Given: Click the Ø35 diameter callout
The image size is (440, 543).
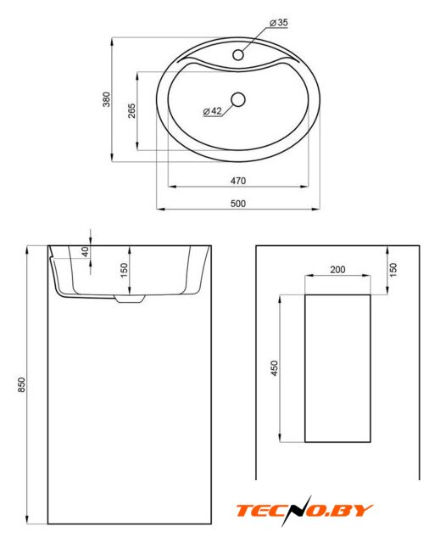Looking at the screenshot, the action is pos(279,23).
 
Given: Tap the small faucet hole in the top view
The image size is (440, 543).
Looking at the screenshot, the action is pos(238,54).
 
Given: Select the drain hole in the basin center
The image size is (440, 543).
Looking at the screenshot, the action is pos(238,100).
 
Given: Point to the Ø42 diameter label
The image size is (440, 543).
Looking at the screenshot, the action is pos(213,111).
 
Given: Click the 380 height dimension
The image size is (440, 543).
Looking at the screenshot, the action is pos(107,99).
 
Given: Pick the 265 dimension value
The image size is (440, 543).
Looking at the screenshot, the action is pos(131,111).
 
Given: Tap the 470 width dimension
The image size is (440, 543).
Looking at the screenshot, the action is pos(238,181).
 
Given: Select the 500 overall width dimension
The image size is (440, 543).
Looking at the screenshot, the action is pos(238,204).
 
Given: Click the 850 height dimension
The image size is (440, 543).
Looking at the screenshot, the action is pos(21,384).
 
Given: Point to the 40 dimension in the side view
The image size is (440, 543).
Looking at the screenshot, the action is pos(86,251).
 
